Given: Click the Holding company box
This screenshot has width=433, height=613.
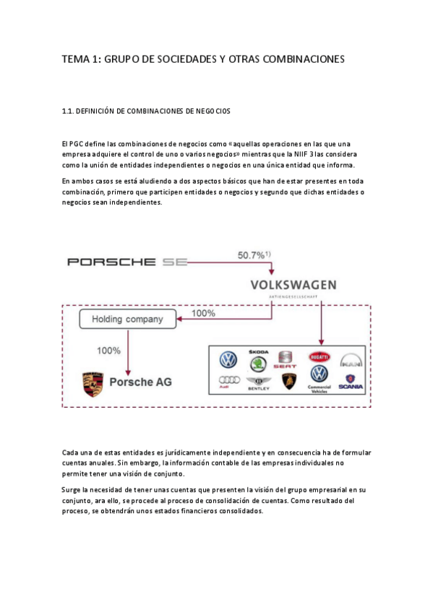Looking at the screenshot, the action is coord(128,319).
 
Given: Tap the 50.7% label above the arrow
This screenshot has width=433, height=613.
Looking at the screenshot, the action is coord(254,255).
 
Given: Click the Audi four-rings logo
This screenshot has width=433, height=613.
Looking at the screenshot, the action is coord(228,381).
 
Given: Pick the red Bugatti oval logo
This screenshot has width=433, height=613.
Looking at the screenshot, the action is coord(318,357).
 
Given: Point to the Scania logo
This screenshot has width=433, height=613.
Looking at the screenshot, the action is coord(351,381).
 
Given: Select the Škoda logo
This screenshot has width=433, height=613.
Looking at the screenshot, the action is coord(258,357).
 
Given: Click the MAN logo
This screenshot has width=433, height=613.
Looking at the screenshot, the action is coord(350,359).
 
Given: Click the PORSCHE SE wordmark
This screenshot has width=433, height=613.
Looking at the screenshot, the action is coord(127,262).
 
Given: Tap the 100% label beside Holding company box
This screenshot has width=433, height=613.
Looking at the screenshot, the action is coord(204,314).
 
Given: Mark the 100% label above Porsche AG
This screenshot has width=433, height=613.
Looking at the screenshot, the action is coord(108,351).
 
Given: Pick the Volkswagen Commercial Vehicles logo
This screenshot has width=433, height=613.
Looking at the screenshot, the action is coord(319,377).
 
